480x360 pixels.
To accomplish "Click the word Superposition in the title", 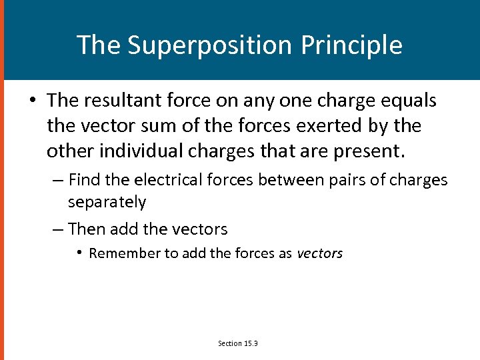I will (209, 45).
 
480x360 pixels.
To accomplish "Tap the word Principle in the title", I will (351, 45).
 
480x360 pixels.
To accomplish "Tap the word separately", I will (107, 201).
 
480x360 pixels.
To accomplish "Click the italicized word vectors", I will (319, 253).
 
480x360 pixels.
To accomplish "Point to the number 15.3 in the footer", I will (251, 343).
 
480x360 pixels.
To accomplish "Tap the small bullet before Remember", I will (79, 253).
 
